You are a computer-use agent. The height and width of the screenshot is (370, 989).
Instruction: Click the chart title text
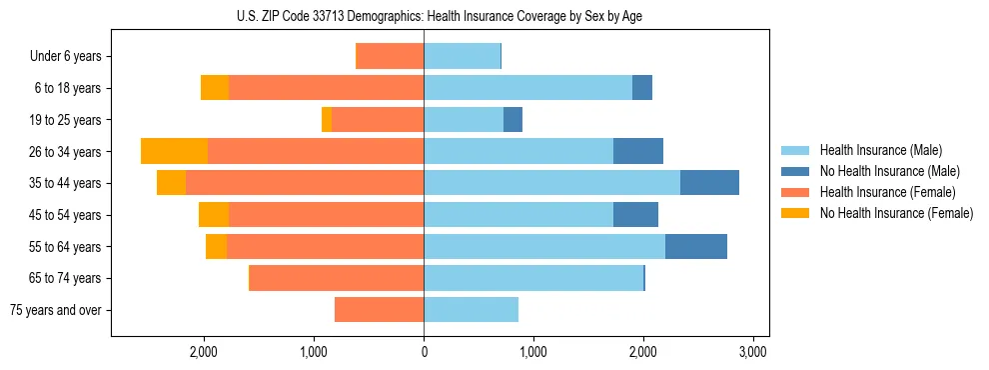pyautogui.click(x=440, y=17)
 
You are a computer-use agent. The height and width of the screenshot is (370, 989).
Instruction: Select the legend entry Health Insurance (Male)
pyautogui.click(x=879, y=150)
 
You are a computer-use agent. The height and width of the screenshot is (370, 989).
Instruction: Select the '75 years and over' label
pyautogui.click(x=56, y=310)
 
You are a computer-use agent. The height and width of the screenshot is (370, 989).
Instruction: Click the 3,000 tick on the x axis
pyautogui.click(x=752, y=352)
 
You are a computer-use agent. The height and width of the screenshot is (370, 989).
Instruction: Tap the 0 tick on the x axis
pyautogui.click(x=424, y=352)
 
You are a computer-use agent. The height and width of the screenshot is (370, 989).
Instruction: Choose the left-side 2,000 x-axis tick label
pyautogui.click(x=204, y=352)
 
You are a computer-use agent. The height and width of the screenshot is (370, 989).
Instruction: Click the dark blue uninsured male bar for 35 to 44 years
pyautogui.click(x=709, y=183)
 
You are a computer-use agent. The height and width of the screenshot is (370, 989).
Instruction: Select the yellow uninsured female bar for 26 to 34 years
pyautogui.click(x=174, y=151)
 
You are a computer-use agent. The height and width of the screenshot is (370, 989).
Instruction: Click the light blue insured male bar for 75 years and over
pyautogui.click(x=471, y=310)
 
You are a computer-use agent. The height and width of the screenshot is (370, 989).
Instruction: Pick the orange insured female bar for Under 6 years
pyautogui.click(x=391, y=56)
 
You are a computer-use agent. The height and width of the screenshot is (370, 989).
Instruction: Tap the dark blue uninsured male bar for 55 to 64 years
pyautogui.click(x=695, y=246)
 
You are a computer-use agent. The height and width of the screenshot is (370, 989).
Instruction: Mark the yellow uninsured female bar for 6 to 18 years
pyautogui.click(x=215, y=88)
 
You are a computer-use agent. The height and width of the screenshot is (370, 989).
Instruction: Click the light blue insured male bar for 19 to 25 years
pyautogui.click(x=464, y=120)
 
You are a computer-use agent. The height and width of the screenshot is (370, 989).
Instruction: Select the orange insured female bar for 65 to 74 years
pyautogui.click(x=337, y=278)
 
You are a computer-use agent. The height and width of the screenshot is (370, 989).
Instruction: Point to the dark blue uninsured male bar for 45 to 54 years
pyautogui.click(x=635, y=215)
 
